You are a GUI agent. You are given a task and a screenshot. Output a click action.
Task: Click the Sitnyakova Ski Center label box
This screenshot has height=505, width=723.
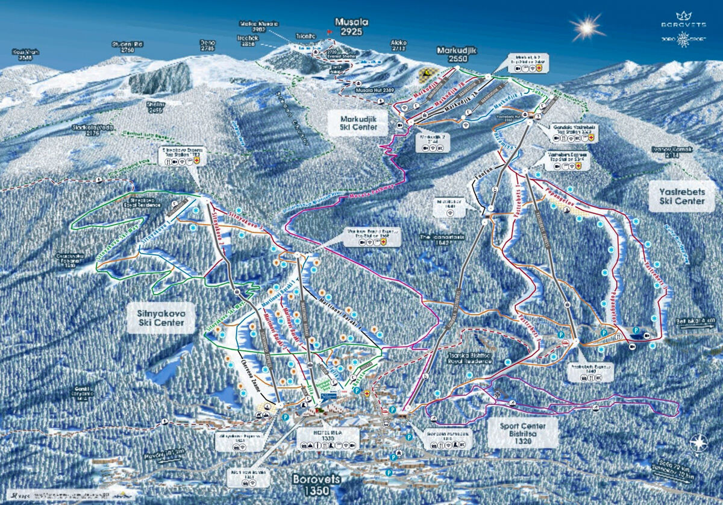coord(161,318)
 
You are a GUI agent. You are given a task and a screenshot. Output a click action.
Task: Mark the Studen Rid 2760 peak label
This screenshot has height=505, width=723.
coord(127,47)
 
